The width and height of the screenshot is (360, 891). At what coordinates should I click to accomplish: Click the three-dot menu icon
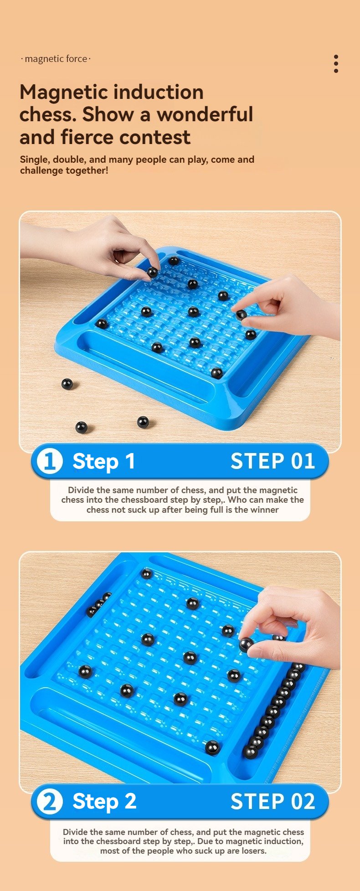tap(336, 64)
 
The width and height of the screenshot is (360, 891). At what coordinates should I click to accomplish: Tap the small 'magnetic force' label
tap(56, 59)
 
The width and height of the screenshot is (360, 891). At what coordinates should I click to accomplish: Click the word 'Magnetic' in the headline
tap(64, 93)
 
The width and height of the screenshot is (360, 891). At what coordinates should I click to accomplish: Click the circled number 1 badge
tap(49, 461)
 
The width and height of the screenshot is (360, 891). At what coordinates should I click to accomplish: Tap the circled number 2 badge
tap(49, 802)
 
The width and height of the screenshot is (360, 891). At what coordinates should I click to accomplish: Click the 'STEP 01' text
tap(273, 461)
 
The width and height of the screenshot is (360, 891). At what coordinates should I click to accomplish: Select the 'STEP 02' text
tap(273, 802)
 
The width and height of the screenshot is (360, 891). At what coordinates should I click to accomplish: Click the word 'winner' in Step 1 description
tap(264, 510)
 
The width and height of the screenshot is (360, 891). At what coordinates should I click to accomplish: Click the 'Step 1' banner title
tap(104, 461)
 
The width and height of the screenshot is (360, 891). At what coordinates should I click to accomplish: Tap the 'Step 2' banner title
tap(104, 802)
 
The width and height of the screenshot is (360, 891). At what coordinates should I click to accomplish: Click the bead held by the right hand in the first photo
tap(241, 314)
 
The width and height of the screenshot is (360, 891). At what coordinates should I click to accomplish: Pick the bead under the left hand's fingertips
tap(152, 273)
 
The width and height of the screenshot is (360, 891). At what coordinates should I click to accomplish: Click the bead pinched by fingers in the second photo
tap(246, 644)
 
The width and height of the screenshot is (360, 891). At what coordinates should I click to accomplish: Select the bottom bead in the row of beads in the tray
tap(250, 752)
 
